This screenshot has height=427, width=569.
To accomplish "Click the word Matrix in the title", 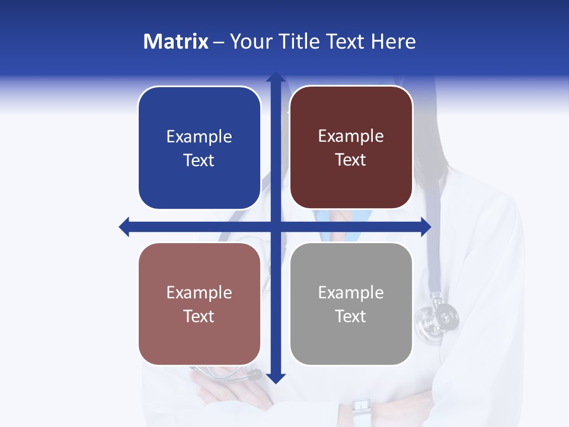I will pos(175,42).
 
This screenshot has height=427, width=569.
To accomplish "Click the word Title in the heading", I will pos(296,42).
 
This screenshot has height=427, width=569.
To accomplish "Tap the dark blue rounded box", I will pos(199,148).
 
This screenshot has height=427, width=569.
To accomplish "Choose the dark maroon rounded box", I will pos(351,148).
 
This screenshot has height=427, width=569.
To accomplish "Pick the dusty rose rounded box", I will pos(199,304).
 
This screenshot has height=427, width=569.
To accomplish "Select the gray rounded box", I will pos(351,304).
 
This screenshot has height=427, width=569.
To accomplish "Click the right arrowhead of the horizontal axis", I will pos(426,227).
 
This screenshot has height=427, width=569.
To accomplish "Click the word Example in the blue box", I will pos(199,137).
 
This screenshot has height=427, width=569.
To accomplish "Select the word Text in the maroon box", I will pos(351,160).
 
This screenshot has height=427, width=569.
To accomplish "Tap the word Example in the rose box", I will pos(199,293).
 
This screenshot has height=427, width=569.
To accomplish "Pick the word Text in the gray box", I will pos(351,316).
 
